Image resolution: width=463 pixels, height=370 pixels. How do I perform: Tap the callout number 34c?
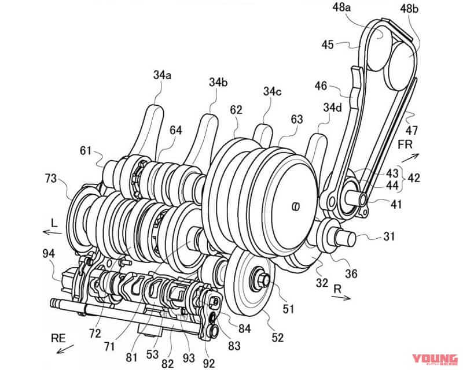(272, 91)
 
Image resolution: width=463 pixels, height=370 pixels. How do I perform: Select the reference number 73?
(51, 179)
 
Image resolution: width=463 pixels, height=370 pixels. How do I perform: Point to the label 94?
(49, 253)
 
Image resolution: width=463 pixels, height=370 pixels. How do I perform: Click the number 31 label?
(389, 236)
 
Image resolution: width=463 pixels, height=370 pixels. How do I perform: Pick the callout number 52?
(278, 337)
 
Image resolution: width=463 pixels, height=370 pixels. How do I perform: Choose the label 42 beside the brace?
(414, 178)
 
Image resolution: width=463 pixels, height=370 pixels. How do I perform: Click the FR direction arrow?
(410, 158)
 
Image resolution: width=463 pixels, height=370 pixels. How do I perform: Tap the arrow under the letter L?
(53, 232)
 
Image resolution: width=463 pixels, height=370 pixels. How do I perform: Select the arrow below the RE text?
(65, 349)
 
